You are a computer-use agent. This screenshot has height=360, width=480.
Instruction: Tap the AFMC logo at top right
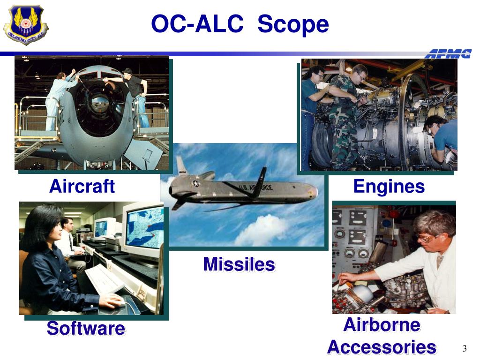448,54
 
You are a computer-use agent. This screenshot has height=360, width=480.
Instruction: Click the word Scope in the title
293,24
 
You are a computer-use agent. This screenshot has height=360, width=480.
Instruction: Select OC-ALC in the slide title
197,24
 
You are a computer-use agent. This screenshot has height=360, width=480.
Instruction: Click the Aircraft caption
82,186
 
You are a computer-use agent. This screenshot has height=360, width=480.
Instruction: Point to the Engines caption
389,186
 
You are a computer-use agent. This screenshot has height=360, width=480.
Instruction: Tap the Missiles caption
239,264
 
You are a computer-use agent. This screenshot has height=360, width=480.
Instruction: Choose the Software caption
86,329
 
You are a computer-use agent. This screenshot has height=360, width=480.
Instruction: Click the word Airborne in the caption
382,324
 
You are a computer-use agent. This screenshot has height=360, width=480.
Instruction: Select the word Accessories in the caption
382,347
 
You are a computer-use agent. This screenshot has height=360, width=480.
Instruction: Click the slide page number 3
465,348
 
